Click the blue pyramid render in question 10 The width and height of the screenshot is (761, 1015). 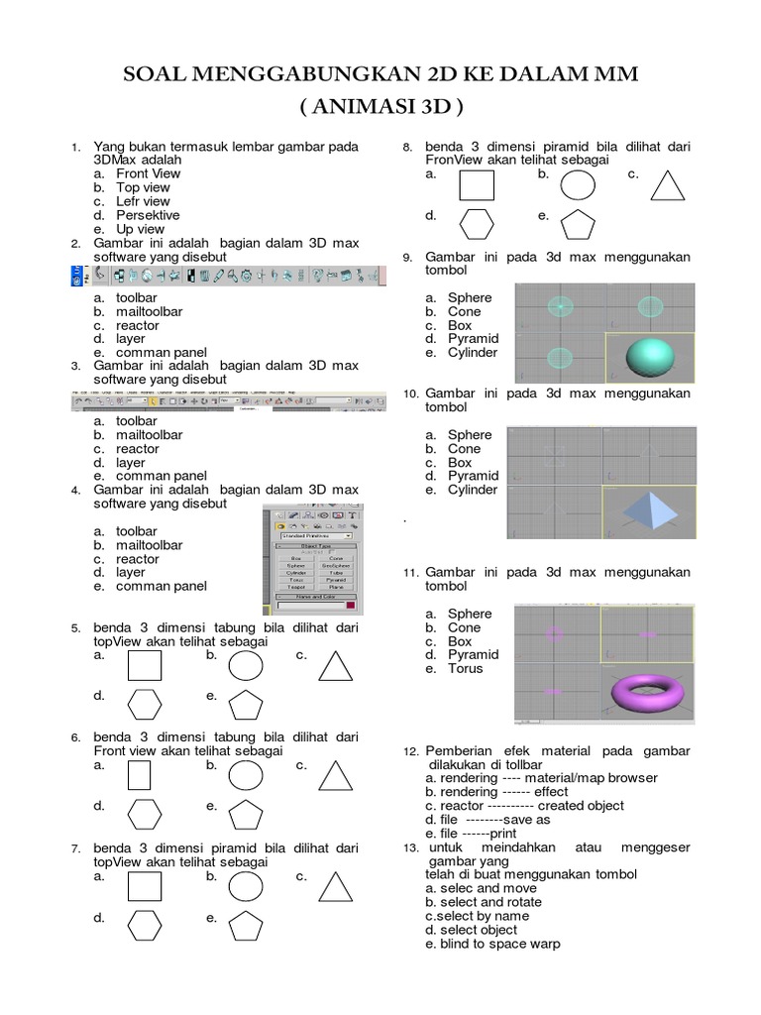coord(650,511)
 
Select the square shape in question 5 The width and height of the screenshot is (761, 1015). coord(145,665)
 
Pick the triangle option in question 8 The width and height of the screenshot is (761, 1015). coord(670,185)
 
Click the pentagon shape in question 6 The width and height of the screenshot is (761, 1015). coord(246,815)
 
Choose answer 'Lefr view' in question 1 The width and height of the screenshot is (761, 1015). coord(143,201)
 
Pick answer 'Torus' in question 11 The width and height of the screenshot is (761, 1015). coord(465,669)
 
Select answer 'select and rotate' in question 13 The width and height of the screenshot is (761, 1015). coord(483,903)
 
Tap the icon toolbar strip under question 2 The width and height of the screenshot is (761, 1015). coord(228,276)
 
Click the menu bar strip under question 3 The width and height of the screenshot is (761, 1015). coord(228,399)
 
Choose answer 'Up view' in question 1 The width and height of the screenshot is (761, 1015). coord(140,229)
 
